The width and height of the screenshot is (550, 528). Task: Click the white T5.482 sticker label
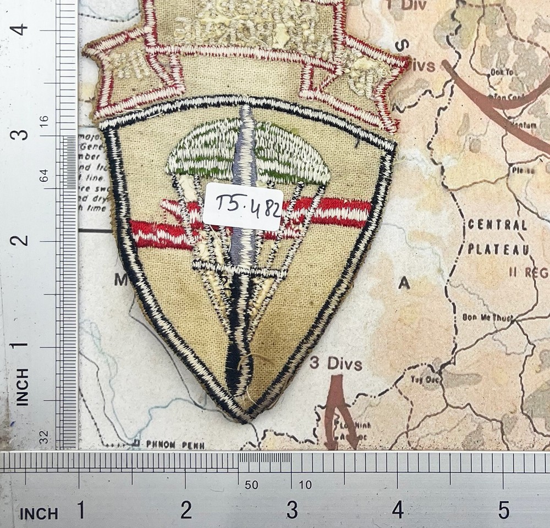pyautogui.click(x=243, y=207)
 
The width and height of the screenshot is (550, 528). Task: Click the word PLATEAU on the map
pyautogui.click(x=499, y=249)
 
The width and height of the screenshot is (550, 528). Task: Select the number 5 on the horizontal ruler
pyautogui.click(x=504, y=511)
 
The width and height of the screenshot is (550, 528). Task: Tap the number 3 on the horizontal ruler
pyautogui.click(x=292, y=511)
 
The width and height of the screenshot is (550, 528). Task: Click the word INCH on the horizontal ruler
pyautogui.click(x=38, y=513)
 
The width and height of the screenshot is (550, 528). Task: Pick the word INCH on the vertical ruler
pyautogui.click(x=22, y=387)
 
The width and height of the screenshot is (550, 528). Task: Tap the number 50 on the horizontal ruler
pyautogui.click(x=251, y=485)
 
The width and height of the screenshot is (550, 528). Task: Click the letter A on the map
pyautogui.click(x=404, y=282)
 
